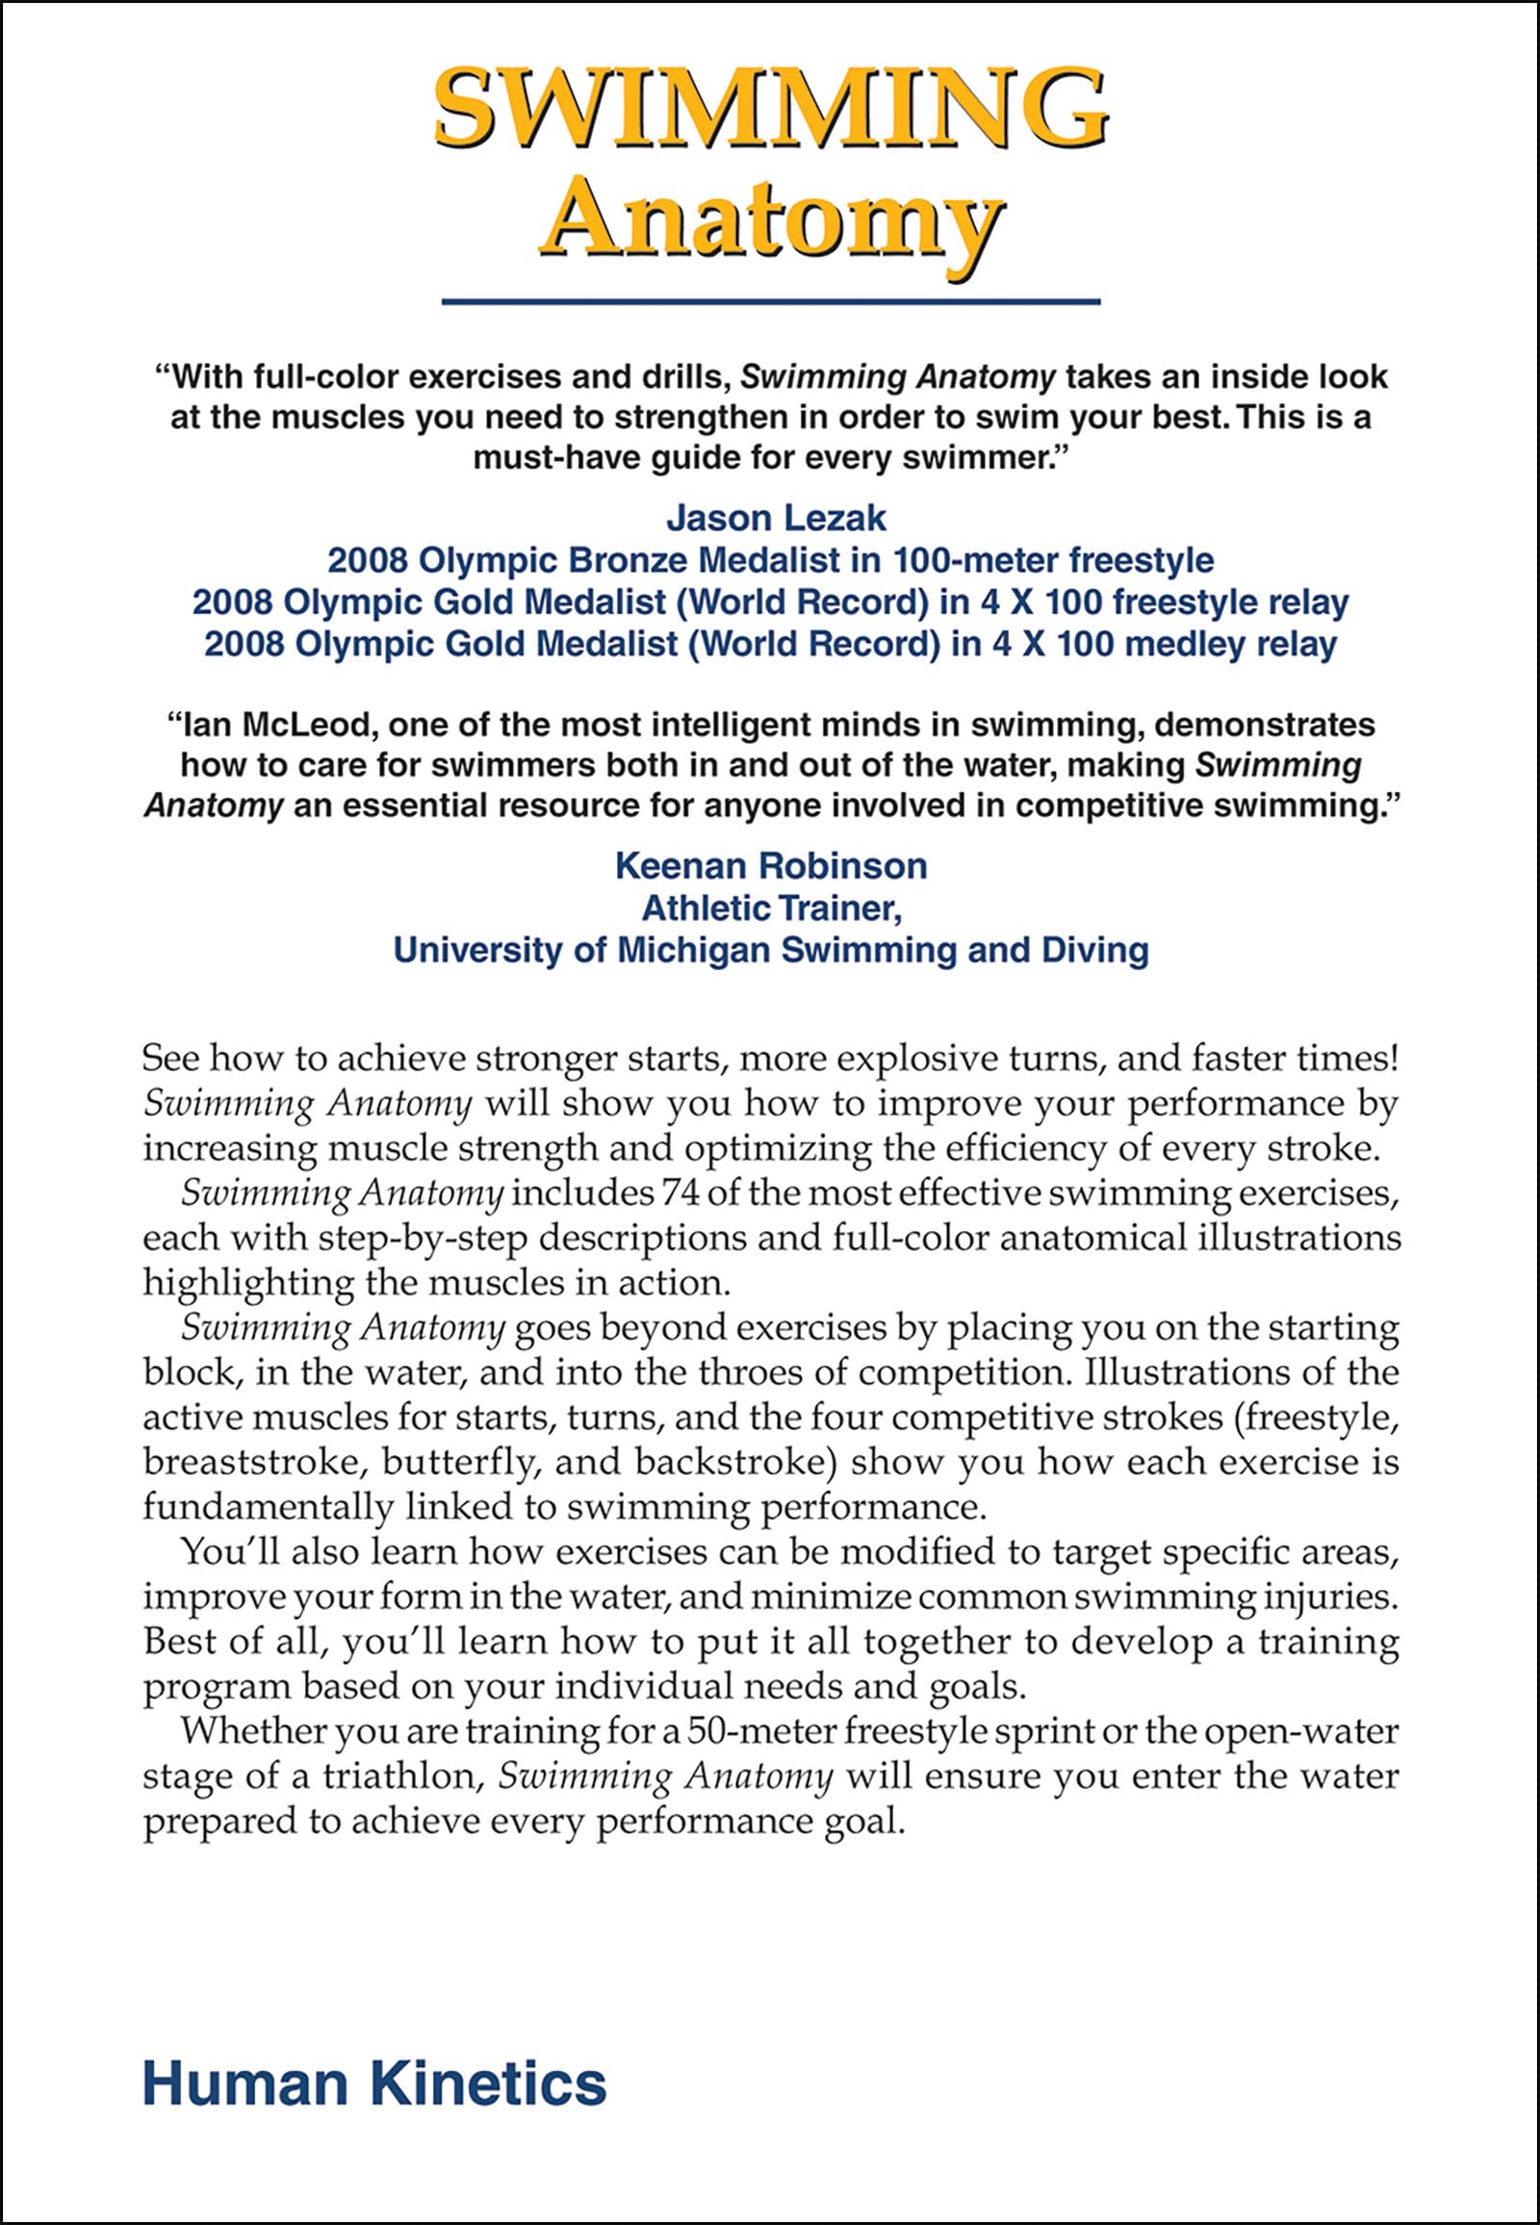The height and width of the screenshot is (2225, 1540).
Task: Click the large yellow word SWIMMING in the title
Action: click(770, 108)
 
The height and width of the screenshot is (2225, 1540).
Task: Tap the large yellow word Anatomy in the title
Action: click(770, 224)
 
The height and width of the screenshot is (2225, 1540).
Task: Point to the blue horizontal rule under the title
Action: click(770, 302)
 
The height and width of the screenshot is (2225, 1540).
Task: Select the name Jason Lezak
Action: click(776, 518)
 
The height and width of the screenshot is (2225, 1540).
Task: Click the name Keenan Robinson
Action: click(771, 865)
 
